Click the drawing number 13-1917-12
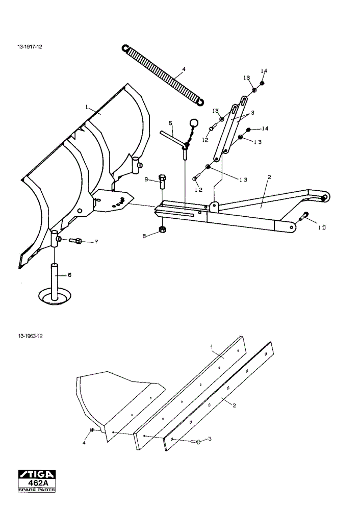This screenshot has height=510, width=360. (x=30, y=47)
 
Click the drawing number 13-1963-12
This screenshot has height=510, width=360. (x=30, y=336)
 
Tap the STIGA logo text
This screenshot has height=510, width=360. (x=37, y=474)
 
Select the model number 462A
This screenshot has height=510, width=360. (x=37, y=483)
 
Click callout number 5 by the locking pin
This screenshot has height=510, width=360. (x=170, y=123)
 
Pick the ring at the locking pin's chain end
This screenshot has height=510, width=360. (x=194, y=122)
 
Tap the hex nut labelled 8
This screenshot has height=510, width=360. (x=162, y=229)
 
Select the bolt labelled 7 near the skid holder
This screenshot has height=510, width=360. (x=76, y=241)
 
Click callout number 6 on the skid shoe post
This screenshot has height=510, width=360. (x=69, y=275)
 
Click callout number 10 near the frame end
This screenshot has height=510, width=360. (x=322, y=227)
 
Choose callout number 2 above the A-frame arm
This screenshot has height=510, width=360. (x=269, y=177)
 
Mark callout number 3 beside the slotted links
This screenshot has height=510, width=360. (x=252, y=113)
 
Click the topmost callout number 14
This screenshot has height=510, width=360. (x=264, y=71)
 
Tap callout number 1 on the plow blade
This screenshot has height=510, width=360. (x=87, y=107)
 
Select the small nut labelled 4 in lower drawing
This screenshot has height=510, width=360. (x=92, y=430)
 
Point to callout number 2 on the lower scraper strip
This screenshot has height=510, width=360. (x=234, y=405)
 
